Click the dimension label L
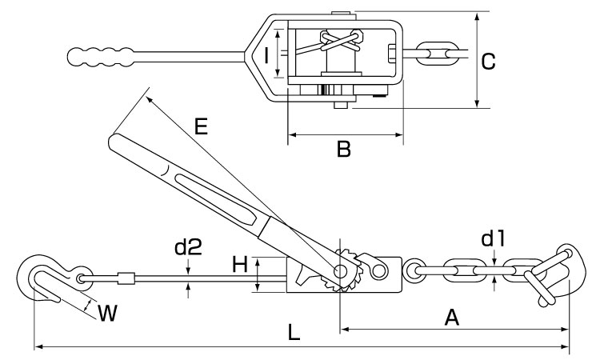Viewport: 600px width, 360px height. (x=294, y=332)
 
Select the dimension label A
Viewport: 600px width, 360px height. (x=451, y=318)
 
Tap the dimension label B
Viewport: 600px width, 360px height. (x=344, y=150)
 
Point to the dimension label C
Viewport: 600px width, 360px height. (x=488, y=62)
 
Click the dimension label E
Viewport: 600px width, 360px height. (x=201, y=126)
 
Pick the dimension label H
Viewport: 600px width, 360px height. (x=240, y=264)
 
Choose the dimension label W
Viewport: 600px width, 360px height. (x=107, y=313)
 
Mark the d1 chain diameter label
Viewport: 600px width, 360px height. (x=493, y=238)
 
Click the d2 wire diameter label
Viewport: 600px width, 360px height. (x=188, y=247)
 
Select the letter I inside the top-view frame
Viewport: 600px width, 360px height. (x=266, y=54)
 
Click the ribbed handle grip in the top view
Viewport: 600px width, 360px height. (x=100, y=57)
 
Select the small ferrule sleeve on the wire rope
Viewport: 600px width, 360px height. (x=126, y=278)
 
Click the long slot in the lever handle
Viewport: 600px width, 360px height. (x=216, y=199)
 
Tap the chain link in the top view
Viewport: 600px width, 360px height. (x=438, y=53)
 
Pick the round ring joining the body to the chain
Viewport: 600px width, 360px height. (x=413, y=271)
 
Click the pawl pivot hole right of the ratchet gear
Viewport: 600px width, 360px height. (x=378, y=270)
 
